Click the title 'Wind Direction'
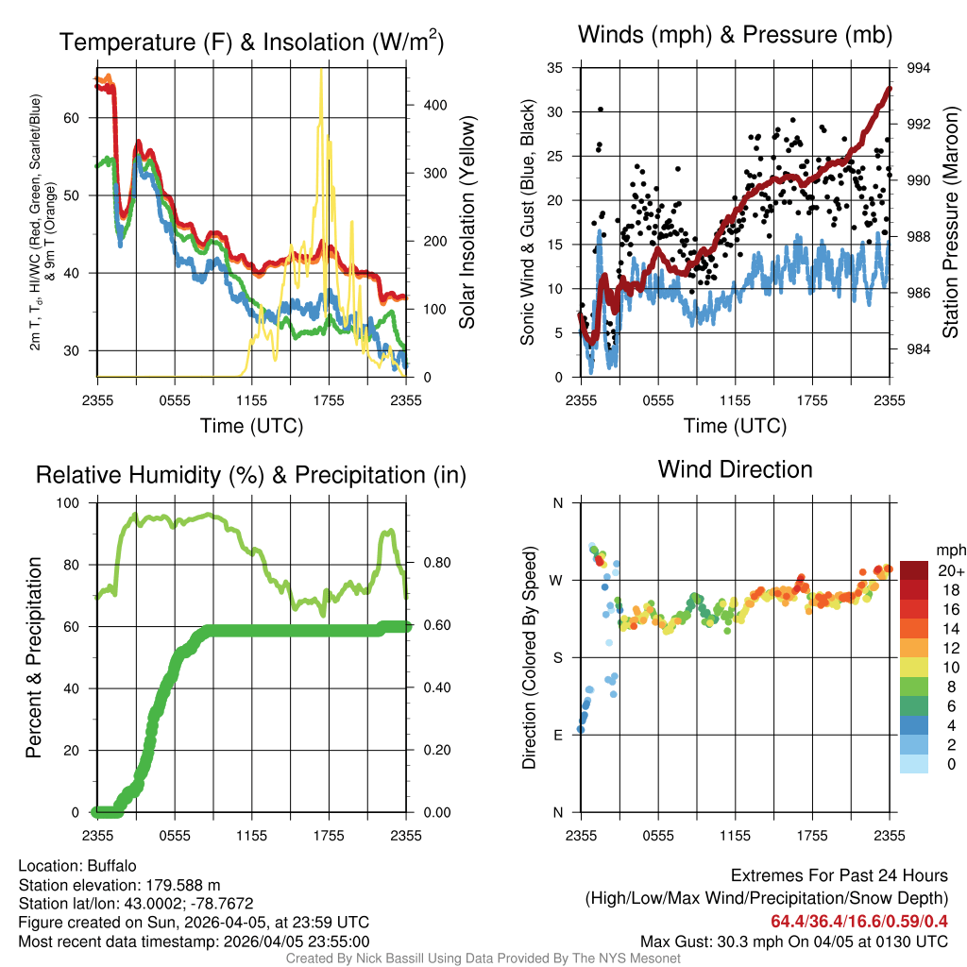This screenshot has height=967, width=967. click(x=735, y=469)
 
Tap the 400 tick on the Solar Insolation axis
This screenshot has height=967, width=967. click(x=434, y=105)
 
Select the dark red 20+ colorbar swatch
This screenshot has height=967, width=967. click(x=915, y=570)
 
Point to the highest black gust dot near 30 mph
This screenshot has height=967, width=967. click(x=601, y=110)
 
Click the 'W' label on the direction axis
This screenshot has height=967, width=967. click(x=557, y=580)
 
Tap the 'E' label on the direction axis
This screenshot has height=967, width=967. click(x=557, y=735)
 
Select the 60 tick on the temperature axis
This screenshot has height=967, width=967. click(x=83, y=118)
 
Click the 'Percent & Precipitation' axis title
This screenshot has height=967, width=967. click(x=33, y=657)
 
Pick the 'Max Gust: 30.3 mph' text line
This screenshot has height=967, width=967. click(x=793, y=942)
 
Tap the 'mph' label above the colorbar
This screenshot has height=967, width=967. click(x=949, y=550)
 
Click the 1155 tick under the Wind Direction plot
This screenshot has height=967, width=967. click(x=735, y=835)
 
